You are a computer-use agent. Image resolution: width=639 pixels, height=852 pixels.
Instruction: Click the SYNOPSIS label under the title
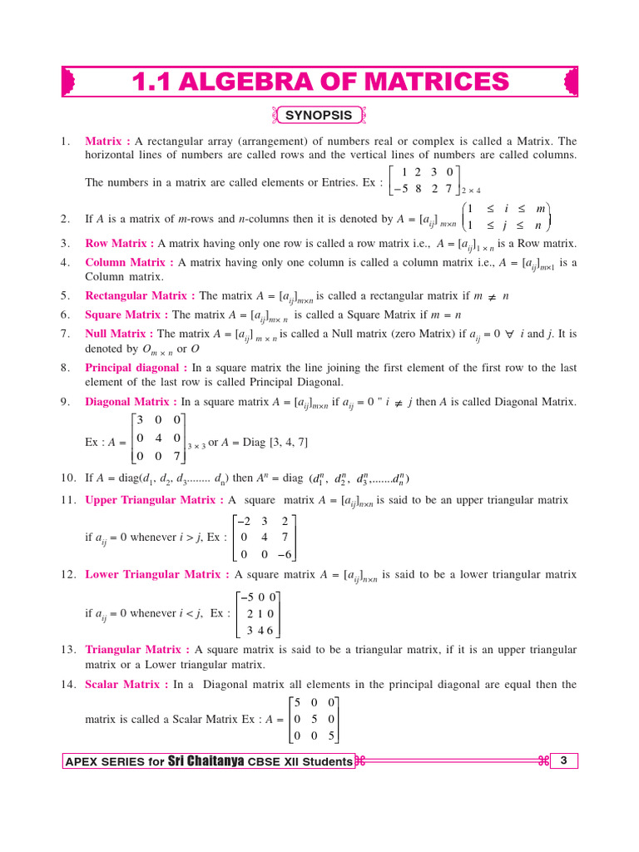click(x=319, y=116)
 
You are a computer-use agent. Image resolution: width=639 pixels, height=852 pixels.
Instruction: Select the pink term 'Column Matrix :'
click(x=129, y=263)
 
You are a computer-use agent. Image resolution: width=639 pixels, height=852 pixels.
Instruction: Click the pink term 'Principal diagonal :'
click(x=136, y=367)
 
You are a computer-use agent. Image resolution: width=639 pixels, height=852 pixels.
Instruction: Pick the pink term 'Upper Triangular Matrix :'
click(x=154, y=500)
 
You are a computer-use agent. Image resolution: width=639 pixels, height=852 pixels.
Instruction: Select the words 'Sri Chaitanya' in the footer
click(x=206, y=761)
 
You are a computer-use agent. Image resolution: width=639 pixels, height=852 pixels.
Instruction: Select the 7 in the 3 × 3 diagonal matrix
click(x=177, y=455)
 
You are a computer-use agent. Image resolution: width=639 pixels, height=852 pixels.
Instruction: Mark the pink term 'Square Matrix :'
click(x=126, y=315)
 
